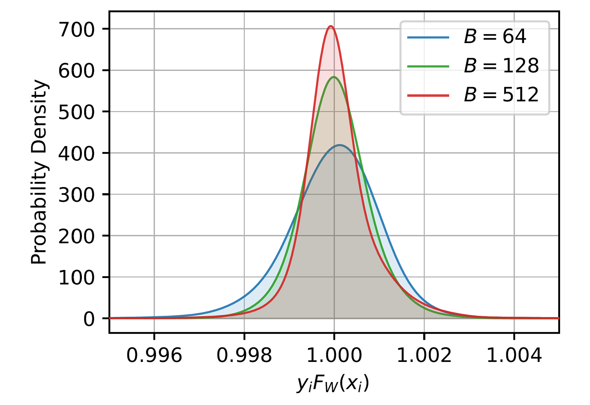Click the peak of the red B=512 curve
[331, 26]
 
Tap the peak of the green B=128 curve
[334, 77]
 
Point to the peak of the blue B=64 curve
[339, 145]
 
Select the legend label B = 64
[495, 37]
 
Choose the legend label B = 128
[501, 66]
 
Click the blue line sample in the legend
[428, 37]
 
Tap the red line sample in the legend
[428, 95]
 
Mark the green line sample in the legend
[428, 66]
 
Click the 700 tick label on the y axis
[76, 30]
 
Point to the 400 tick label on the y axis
[76, 154]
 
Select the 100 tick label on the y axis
[76, 278]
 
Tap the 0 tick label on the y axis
[89, 319]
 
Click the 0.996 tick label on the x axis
[154, 356]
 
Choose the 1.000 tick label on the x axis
[334, 356]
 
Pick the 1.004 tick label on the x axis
[514, 356]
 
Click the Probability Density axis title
[39, 172]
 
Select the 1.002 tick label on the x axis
[424, 356]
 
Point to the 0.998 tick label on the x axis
[244, 356]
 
